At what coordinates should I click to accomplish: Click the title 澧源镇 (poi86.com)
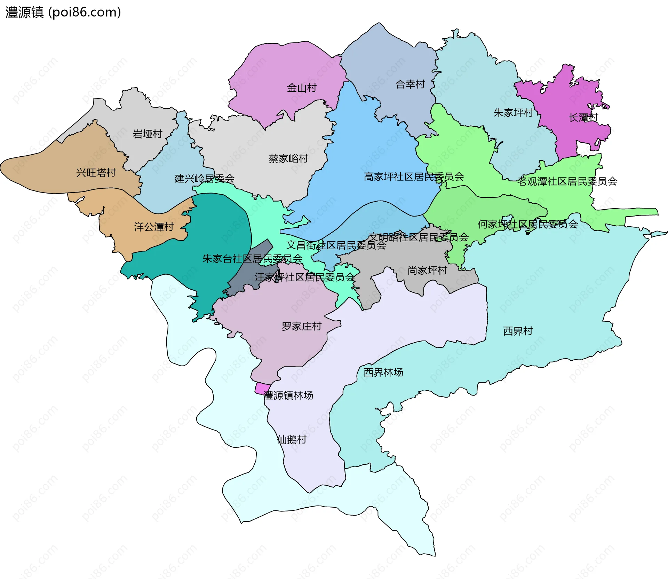point(63,12)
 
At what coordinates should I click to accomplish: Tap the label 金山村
point(302,88)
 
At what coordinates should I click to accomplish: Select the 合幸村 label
point(410,84)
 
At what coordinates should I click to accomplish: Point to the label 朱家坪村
point(514,112)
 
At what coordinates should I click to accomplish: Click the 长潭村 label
point(583,118)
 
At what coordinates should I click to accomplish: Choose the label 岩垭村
point(148,134)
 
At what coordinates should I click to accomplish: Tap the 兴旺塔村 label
point(96,172)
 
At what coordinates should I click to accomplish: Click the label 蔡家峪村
point(288,159)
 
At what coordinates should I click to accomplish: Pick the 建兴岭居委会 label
point(205,179)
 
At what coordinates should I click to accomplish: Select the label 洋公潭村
point(154,227)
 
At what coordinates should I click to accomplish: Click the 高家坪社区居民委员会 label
point(414,177)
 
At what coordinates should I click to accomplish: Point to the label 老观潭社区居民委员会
point(567,181)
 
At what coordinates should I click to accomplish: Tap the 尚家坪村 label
point(427,270)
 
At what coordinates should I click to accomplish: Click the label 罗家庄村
point(302,326)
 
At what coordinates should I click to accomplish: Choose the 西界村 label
point(518,331)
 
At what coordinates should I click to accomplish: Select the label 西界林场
point(383,373)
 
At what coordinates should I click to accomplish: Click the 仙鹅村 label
point(292,440)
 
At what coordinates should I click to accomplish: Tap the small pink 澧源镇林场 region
point(262,389)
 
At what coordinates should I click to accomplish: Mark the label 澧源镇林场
point(288,396)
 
